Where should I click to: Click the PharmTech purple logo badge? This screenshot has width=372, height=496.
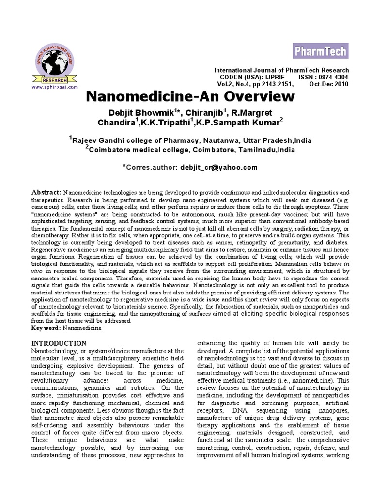(x=319, y=50)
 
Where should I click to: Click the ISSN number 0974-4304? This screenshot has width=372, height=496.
(x=330, y=77)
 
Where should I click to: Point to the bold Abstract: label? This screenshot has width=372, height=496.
(x=46, y=192)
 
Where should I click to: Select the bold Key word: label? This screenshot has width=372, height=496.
(x=46, y=328)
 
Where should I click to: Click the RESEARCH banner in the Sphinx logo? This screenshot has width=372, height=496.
(x=53, y=78)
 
